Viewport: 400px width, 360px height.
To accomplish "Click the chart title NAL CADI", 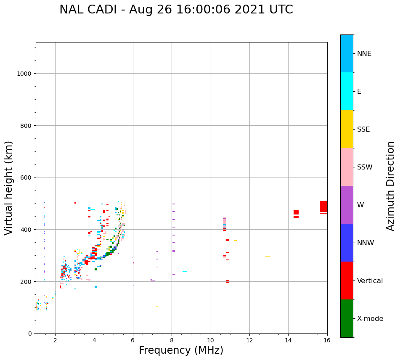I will pyautogui.click(x=176, y=10).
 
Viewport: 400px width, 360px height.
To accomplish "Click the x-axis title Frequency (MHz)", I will pyautogui.click(x=181, y=350).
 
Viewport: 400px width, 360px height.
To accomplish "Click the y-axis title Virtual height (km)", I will pyautogui.click(x=9, y=188).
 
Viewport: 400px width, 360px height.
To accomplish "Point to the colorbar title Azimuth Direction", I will pyautogui.click(x=391, y=186).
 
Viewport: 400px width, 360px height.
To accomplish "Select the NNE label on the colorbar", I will pyautogui.click(x=364, y=54).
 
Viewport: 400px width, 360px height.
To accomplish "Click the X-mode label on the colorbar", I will pyautogui.click(x=370, y=319).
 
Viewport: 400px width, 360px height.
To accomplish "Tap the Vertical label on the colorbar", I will pyautogui.click(x=370, y=281).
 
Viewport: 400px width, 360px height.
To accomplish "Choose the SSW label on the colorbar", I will pyautogui.click(x=365, y=167).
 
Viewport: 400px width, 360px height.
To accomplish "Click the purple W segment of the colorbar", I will pyautogui.click(x=347, y=205).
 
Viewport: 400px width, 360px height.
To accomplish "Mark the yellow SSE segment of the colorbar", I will pyautogui.click(x=347, y=129).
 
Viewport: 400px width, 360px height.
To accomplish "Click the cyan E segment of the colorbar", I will pyautogui.click(x=347, y=91).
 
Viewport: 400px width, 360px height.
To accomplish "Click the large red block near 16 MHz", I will pyautogui.click(x=323, y=206).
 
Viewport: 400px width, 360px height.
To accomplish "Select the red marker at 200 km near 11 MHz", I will pyautogui.click(x=227, y=281).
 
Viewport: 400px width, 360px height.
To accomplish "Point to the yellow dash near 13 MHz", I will pyautogui.click(x=268, y=256).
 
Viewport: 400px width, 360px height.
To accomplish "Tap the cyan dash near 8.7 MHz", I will pyautogui.click(x=185, y=272).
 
